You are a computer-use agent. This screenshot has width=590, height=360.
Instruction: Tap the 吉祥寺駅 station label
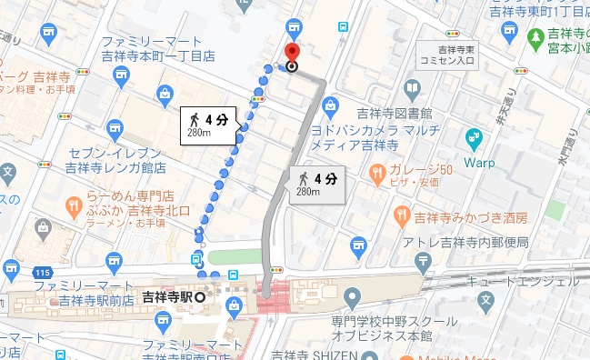[x=168, y=295]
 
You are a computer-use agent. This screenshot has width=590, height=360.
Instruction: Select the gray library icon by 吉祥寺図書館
[x=413, y=89]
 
